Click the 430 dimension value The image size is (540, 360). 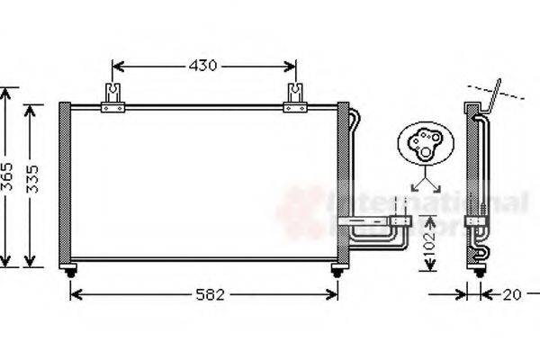(x=204, y=66)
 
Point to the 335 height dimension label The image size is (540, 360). (x=32, y=184)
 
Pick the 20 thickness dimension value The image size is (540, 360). (x=512, y=294)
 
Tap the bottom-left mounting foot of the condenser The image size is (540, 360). (x=70, y=270)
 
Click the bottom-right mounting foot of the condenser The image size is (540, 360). (x=337, y=270)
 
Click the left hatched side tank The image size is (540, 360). (x=65, y=184)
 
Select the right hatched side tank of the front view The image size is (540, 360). (x=343, y=184)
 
